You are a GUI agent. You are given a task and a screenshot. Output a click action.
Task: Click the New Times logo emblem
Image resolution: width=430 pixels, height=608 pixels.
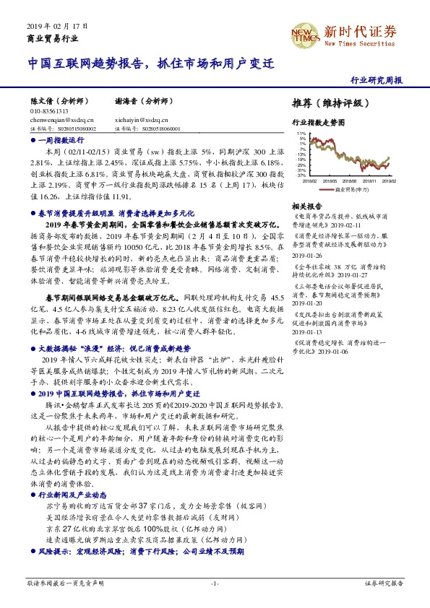pos(303,34)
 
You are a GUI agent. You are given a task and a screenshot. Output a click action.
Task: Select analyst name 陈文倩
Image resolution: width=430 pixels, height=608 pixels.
pos(43,103)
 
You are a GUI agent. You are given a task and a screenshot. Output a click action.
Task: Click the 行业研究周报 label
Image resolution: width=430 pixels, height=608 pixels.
pos(376,81)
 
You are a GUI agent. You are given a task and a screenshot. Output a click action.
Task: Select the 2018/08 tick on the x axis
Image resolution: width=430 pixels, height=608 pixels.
pos(351,181)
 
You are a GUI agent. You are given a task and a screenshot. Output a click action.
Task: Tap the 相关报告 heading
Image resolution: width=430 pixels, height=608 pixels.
pos(306,207)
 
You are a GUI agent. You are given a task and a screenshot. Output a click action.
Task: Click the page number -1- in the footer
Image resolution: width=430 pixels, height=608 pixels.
pos(215,583)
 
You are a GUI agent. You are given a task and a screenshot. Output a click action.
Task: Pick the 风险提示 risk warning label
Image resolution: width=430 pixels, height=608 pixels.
pos(52,551)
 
